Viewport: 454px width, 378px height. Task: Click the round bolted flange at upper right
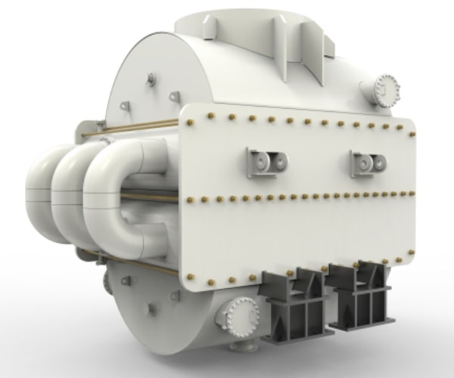click(x=386, y=89)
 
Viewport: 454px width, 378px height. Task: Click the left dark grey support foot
click(x=291, y=302)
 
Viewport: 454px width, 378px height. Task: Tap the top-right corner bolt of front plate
click(x=411, y=133)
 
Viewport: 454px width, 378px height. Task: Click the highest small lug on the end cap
click(x=151, y=77)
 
